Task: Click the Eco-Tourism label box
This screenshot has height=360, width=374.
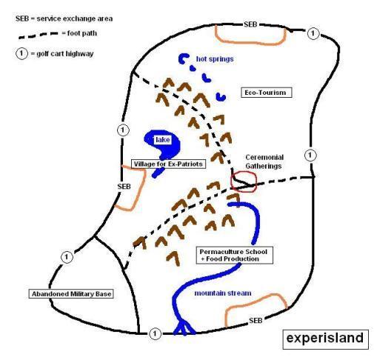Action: coord(267,93)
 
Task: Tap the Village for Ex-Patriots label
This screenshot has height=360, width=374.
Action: coord(168,164)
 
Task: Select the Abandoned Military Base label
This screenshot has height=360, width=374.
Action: coord(71,294)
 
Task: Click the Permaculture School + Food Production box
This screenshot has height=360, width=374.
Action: coord(234,256)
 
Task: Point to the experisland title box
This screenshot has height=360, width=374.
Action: coord(325,339)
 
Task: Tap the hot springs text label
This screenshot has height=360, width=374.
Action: coord(215,59)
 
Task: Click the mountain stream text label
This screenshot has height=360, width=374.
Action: coord(223,293)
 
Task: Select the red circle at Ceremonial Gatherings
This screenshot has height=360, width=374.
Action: coord(244,182)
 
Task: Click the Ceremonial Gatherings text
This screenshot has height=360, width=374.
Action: coord(264,161)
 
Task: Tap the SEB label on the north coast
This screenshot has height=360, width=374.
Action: coord(250,24)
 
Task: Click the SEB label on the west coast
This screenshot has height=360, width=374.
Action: coord(124,187)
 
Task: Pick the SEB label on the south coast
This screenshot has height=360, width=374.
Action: coord(256,321)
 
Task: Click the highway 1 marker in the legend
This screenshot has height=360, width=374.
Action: coord(21,53)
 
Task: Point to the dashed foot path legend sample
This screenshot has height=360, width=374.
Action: coord(39,35)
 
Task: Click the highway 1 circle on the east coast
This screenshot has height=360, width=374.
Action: coord(310,156)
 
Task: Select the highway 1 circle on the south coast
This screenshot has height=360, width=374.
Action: coord(155,334)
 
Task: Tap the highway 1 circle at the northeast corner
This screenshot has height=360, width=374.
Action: coord(313,33)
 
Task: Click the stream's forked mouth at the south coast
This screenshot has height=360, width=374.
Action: coord(184,328)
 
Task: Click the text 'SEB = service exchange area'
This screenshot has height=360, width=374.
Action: coord(64,19)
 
